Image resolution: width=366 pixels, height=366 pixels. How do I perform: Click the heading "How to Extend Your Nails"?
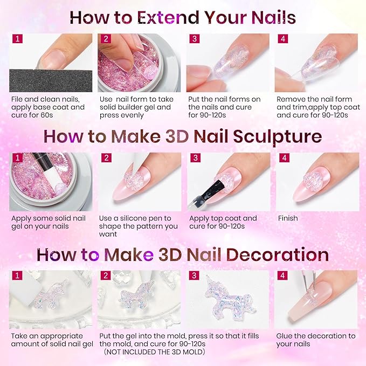(183, 17)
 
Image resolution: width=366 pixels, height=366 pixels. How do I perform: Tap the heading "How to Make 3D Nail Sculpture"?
(183, 136)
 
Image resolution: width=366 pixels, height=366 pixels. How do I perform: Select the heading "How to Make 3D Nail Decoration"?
(183, 254)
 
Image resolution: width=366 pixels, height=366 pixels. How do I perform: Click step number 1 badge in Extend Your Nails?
(17, 39)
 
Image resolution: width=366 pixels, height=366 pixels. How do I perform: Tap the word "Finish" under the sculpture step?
(288, 219)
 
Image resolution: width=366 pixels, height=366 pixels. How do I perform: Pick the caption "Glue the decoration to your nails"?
(315, 340)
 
